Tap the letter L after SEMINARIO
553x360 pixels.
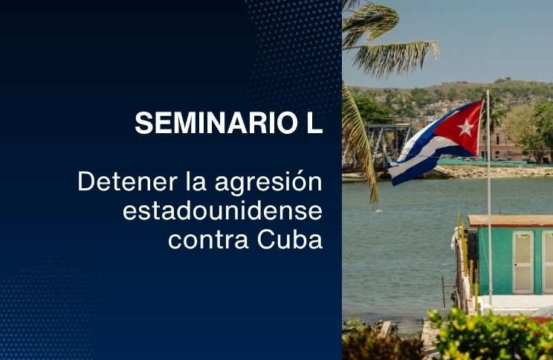pyautogui.click(x=314, y=123)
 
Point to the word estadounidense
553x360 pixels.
pyautogui.click(x=222, y=210)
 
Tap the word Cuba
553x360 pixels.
pyautogui.click(x=290, y=239)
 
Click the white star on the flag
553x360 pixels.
pyautogui.click(x=465, y=127)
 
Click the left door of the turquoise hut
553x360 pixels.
pyautogui.click(x=523, y=263)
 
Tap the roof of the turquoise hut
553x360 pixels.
pyautogui.click(x=510, y=221)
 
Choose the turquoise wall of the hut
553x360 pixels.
pyautogui.click(x=496, y=261)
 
